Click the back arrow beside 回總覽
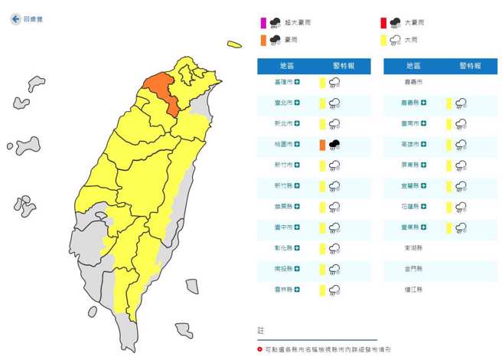coord(15,19)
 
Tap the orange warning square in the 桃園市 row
coord(322,144)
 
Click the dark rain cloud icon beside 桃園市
coord(334,144)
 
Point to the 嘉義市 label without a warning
coord(413,81)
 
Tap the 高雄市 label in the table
coord(410,144)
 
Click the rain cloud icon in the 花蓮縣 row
coord(461,207)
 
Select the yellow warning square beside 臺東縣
coord(448,227)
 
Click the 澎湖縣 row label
coord(413,248)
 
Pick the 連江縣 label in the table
coord(413,290)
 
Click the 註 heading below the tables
coord(261,329)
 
